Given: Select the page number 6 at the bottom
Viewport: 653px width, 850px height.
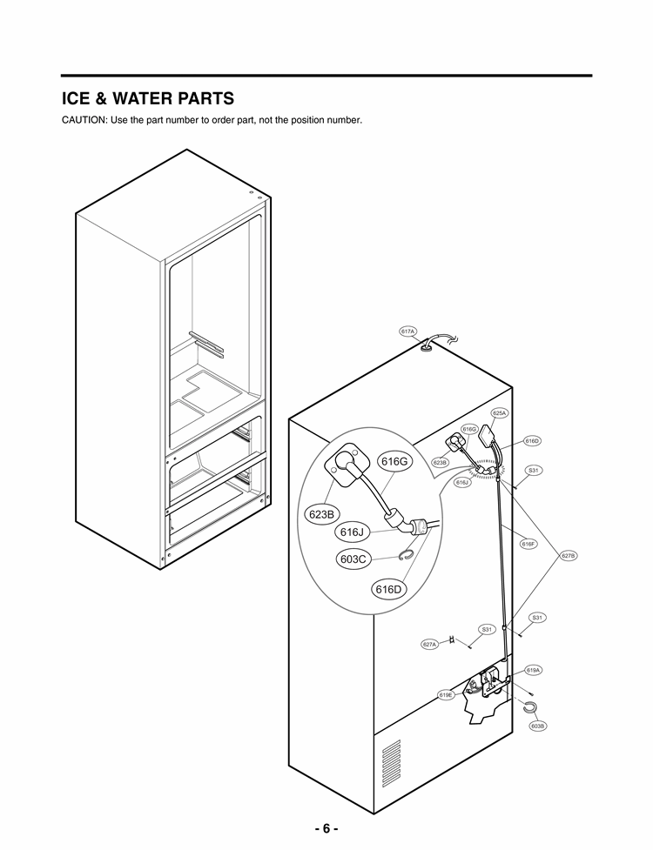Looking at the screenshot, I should (x=326, y=828).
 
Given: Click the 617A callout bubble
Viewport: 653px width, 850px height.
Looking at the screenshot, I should (x=408, y=331).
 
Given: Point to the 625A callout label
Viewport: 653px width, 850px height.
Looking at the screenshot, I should (x=499, y=413).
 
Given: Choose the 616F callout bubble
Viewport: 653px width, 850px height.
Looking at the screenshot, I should (x=528, y=544).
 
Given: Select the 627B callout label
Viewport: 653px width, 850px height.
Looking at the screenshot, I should (x=569, y=555).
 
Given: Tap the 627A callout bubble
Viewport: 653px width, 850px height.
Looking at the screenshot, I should (x=429, y=644).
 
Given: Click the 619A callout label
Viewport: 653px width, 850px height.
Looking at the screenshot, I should (x=534, y=670).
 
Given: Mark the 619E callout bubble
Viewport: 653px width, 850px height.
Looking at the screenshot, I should (x=446, y=695).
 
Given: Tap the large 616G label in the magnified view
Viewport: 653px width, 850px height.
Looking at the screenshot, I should (x=393, y=461).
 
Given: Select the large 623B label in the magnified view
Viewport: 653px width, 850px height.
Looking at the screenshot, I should (x=321, y=514).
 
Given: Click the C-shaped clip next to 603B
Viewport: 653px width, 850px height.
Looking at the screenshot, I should (x=528, y=707).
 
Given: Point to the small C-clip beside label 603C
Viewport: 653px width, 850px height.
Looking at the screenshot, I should (x=406, y=555).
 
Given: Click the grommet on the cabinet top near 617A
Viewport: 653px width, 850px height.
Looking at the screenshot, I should (x=426, y=348).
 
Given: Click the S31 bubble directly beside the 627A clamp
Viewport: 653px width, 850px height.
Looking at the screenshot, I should (x=487, y=629).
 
